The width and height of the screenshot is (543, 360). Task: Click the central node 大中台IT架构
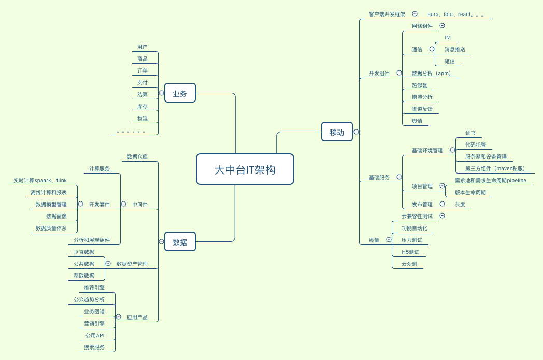pos(245,169)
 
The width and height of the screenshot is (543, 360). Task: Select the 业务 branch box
pos(180,93)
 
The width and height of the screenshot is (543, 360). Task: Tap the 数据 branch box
pos(180,241)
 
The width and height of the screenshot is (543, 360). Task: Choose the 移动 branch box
pos(337,132)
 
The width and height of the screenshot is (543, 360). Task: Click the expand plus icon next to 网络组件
pos(442,25)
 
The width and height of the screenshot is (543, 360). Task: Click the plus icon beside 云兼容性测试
pos(442,215)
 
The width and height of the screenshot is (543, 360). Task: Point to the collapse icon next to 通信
pos(432,49)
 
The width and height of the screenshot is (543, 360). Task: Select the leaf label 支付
pos(142,82)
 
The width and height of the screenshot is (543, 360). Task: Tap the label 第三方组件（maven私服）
pos(495,168)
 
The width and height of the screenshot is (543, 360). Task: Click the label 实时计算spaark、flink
pos(40,180)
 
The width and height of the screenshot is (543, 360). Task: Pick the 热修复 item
pos(419,85)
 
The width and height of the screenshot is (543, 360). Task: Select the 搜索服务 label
pos(94,347)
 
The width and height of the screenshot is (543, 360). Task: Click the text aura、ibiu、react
pos(456,15)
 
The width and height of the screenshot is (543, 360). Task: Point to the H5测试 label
pos(410,252)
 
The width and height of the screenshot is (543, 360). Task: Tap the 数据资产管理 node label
pos(132,264)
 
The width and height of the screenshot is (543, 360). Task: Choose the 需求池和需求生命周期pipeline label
pos(490,180)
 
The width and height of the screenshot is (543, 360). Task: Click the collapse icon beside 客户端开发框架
pos(415,14)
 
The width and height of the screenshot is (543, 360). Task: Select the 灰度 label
pos(460,204)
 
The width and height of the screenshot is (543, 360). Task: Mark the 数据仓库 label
pos(137,156)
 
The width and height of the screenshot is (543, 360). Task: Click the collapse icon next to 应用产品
pos(118,316)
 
